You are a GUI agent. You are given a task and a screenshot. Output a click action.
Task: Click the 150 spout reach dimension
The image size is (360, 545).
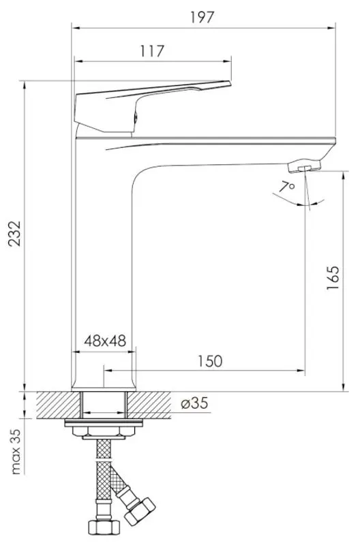pyautogui.click(x=209, y=361)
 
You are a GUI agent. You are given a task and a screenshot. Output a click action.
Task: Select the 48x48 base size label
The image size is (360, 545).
pyautogui.click(x=105, y=341)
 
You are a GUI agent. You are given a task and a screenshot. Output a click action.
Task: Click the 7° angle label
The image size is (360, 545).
pyautogui.click(x=287, y=186)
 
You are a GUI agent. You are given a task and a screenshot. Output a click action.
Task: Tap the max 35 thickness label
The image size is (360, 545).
pyautogui.click(x=14, y=452)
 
